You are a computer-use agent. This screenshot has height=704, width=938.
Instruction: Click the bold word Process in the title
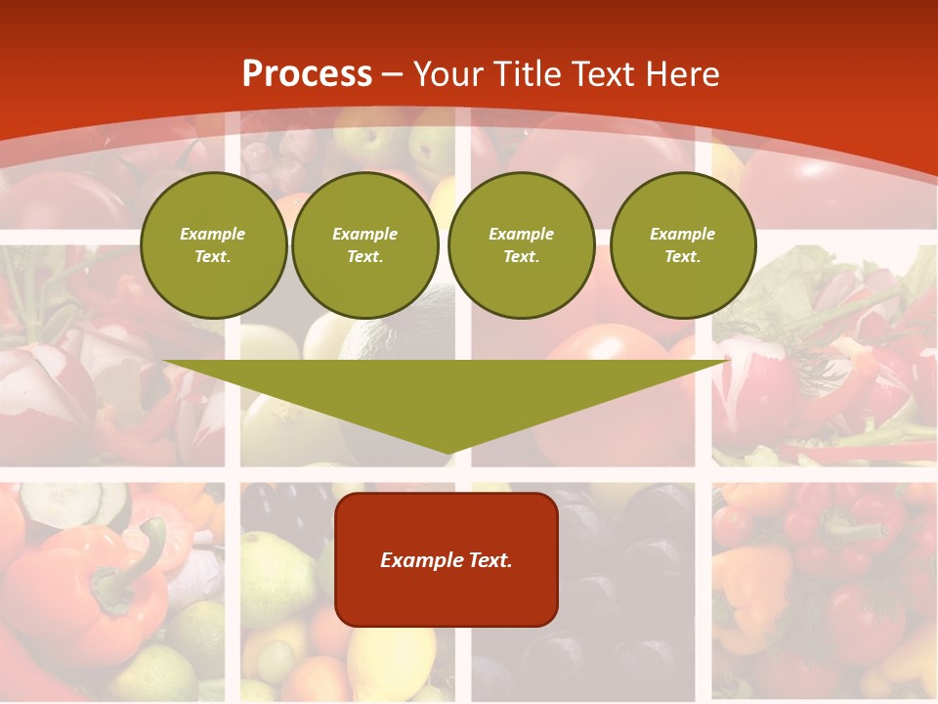pos(307,74)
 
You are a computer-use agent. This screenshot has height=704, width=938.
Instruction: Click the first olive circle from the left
pos(213,245)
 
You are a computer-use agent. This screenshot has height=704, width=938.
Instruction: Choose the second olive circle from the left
pos(365,245)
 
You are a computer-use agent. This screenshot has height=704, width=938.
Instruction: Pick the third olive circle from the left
pos(521,245)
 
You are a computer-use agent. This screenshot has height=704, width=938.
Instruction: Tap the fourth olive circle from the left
pos(683,245)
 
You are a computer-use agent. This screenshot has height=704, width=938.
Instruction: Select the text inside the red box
pos(447,560)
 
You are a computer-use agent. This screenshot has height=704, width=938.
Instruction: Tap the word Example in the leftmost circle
pos(213,234)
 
